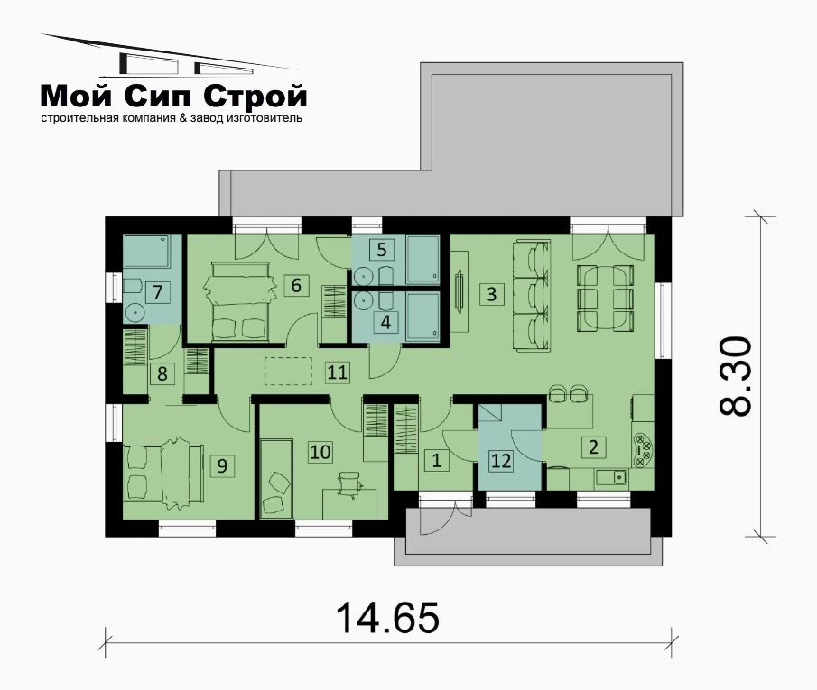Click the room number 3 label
pos(491,294)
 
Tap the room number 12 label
pos(501,461)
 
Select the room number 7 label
pos(157,292)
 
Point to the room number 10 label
pos(320,452)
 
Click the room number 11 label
pos(337,373)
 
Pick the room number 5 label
pos(382,250)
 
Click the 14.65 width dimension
pos(387,618)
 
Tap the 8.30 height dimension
pos(735,376)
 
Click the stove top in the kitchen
pos(643,450)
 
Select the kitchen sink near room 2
pos(613,477)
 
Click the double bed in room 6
pos(241,302)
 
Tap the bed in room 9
pos(162,473)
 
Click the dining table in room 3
pos(605,298)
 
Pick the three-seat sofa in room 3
pos(532,295)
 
